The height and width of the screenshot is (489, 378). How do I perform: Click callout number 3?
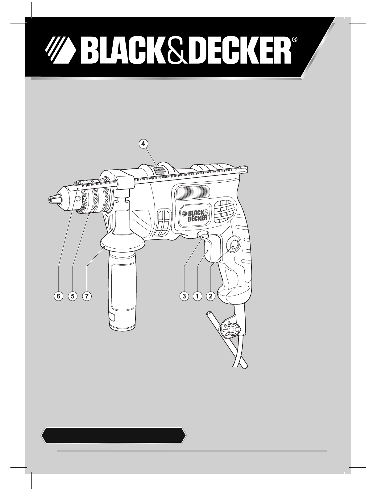point(184,296)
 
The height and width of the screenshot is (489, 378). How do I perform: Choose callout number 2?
point(211,296)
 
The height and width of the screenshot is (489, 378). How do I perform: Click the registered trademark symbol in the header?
point(295,40)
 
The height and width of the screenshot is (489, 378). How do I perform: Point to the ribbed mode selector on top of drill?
point(158,171)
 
